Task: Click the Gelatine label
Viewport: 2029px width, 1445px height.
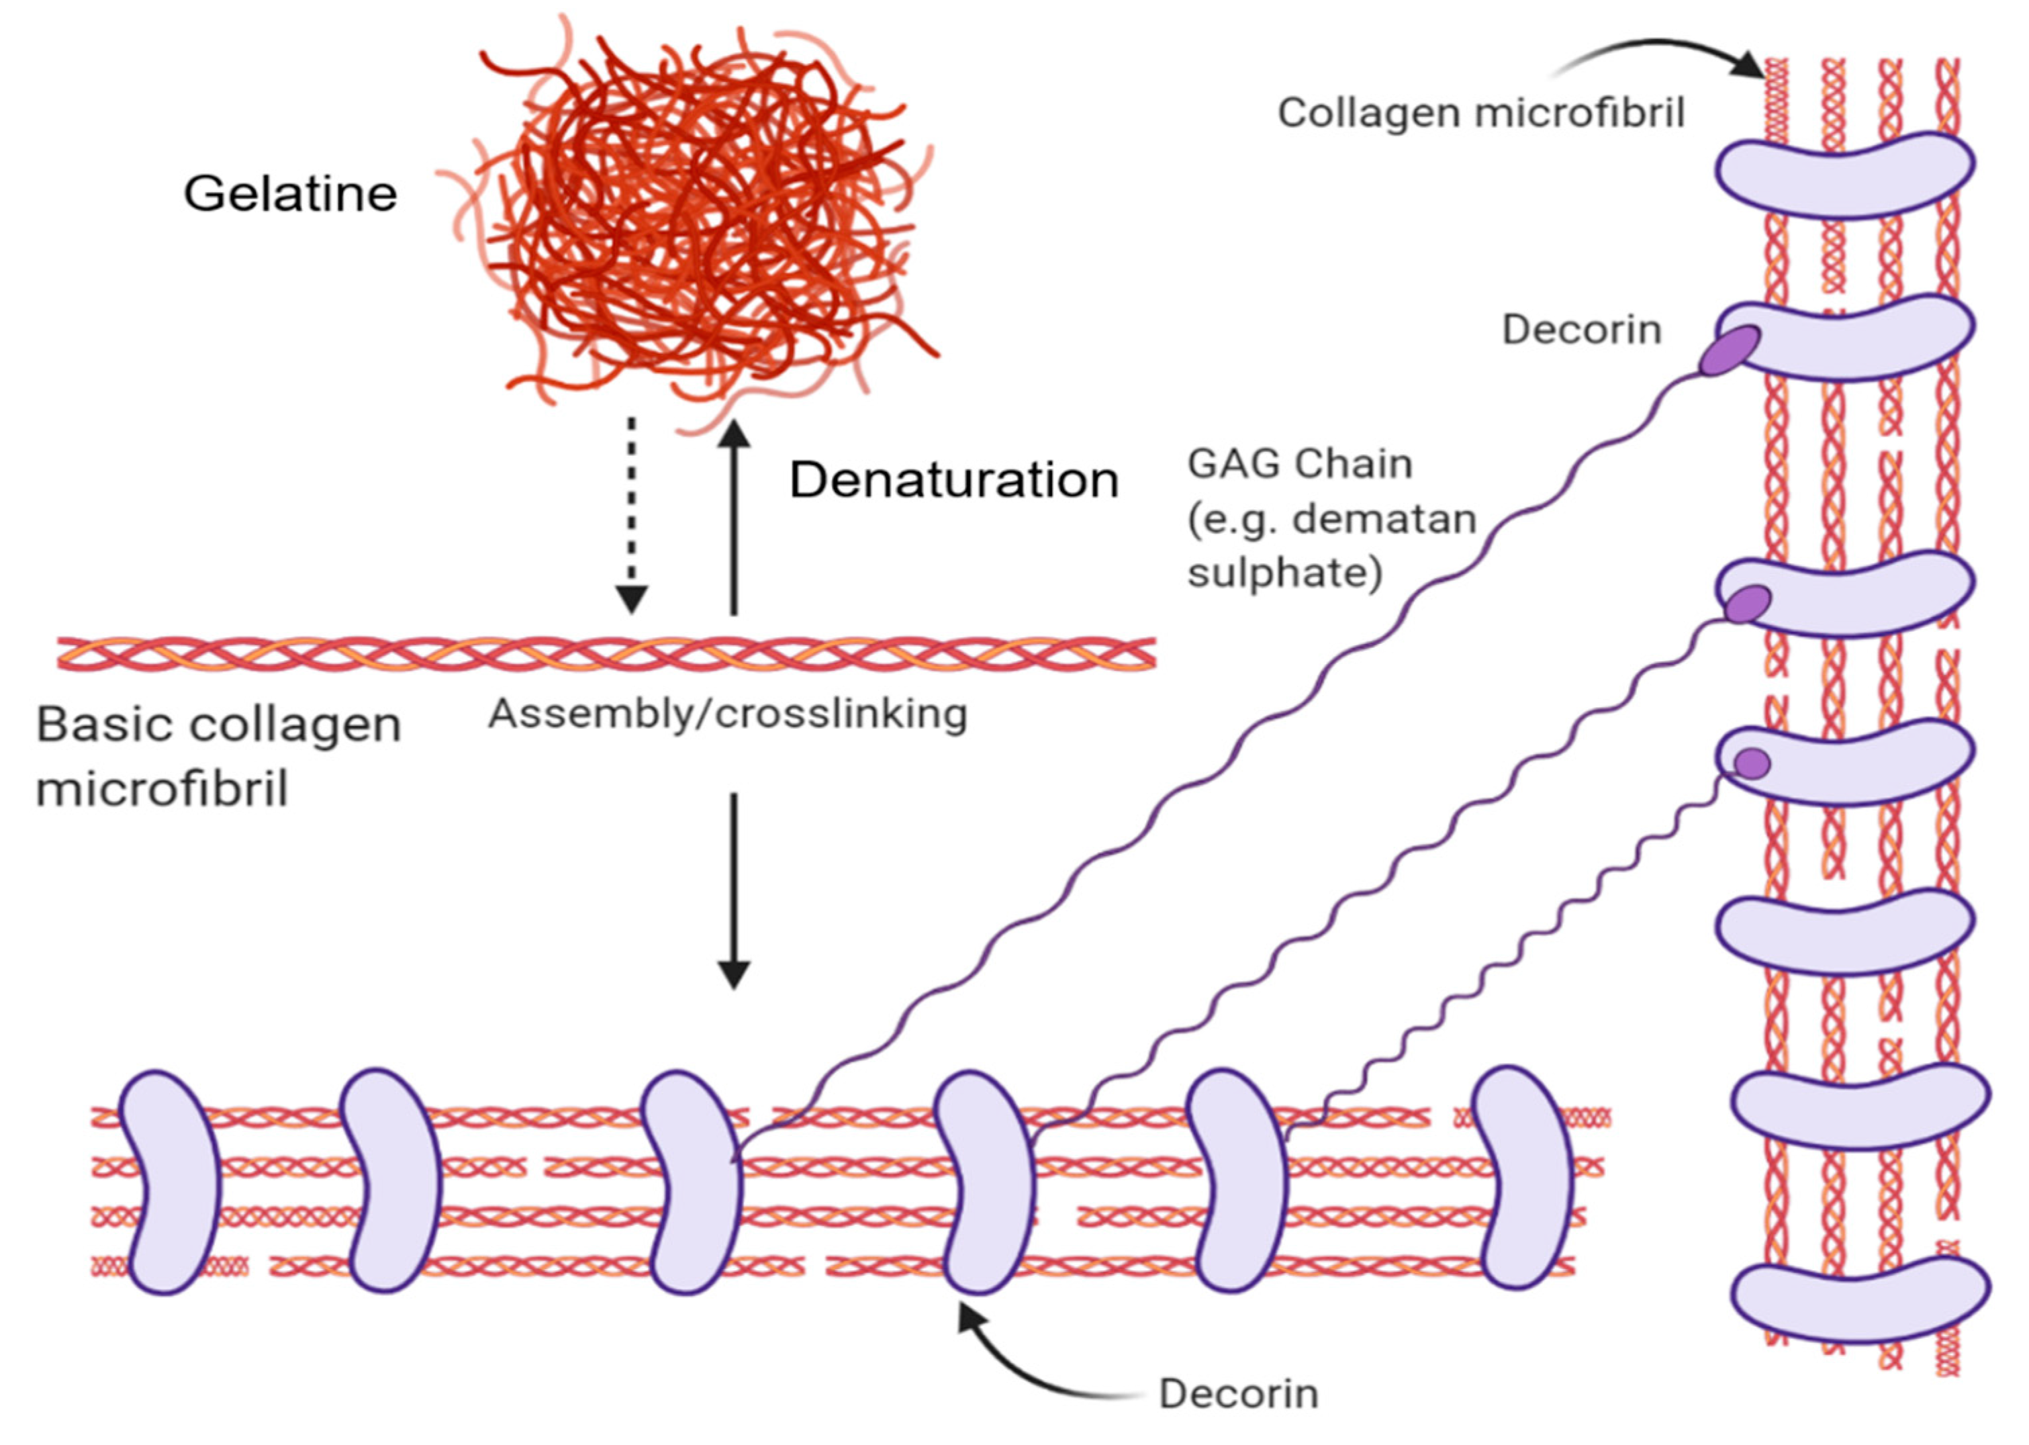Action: [290, 193]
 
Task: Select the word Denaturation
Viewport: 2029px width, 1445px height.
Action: [953, 481]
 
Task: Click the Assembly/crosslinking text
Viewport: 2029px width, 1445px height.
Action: [728, 714]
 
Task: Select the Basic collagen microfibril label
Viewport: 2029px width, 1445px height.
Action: [218, 755]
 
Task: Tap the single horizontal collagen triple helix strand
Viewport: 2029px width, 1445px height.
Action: [605, 654]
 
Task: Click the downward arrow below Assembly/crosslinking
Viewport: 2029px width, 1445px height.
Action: [734, 890]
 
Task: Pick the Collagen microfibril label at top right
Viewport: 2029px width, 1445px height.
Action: [1481, 113]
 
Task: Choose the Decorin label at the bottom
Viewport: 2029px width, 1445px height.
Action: [1238, 1393]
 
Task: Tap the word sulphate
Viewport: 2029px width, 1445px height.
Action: [1284, 572]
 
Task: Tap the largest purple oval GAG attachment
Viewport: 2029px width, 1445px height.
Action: [1730, 351]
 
